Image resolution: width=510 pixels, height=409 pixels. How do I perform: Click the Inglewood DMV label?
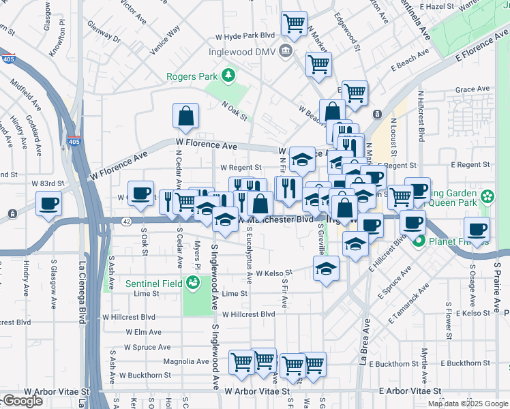(x=246, y=52)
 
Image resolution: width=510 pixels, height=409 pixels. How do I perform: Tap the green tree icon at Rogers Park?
(x=229, y=75)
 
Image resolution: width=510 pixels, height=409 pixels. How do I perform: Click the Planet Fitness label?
(x=455, y=241)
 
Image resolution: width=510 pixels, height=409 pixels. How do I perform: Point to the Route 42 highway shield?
(x=127, y=222)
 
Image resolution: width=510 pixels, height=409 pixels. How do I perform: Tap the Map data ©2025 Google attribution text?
(x=468, y=404)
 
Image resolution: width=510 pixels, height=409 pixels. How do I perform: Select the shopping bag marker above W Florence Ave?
(x=185, y=117)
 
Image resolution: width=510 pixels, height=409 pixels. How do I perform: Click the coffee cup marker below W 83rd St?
(x=49, y=203)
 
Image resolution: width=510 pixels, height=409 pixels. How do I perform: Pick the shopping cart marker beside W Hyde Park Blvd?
(x=294, y=24)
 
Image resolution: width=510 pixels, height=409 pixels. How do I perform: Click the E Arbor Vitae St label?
(x=407, y=392)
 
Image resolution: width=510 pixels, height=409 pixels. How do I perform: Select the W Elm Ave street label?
(x=143, y=332)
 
